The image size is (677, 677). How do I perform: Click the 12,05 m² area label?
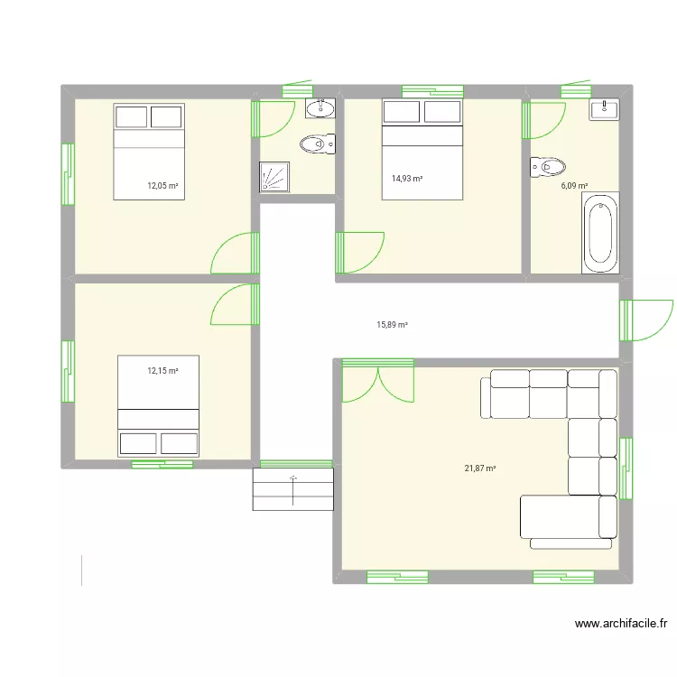point(162,186)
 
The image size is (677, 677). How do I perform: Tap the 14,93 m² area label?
point(407,179)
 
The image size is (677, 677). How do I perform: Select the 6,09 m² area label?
point(574,186)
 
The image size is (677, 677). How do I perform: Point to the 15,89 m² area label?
point(392,325)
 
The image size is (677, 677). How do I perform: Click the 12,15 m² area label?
point(162,370)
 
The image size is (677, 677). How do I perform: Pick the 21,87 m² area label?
point(480,468)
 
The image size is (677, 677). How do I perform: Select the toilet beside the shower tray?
point(317,144)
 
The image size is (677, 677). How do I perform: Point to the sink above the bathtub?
point(604,110)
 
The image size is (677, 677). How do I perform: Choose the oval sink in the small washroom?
point(320,109)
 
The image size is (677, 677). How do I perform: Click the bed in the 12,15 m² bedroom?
point(158,405)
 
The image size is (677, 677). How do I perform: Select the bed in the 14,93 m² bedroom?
point(422,149)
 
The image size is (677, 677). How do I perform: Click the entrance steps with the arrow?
point(293,488)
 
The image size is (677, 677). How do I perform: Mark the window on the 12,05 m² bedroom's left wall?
point(67,173)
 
